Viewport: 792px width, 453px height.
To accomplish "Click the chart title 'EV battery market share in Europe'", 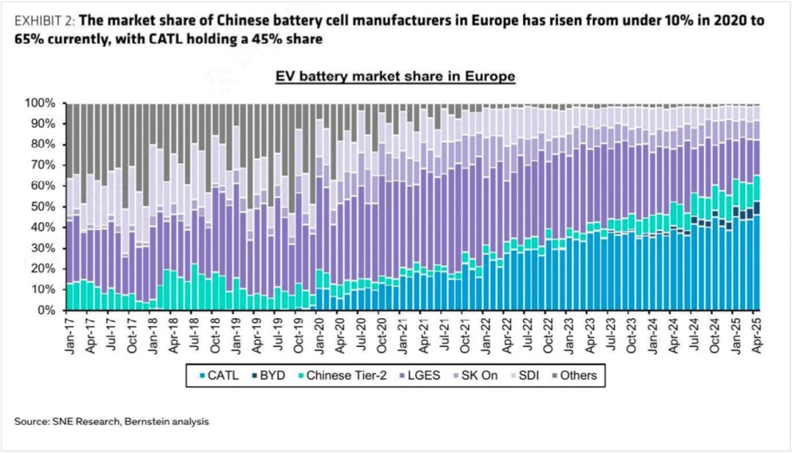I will pos(395,76).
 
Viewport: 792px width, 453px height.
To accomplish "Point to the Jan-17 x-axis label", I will pos(70,334).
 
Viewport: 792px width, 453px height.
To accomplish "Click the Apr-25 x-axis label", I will pos(756,334).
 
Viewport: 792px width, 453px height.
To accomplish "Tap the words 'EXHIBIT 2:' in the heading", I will pos(45,21).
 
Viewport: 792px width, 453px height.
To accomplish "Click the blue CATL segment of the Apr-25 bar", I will pos(757,264).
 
